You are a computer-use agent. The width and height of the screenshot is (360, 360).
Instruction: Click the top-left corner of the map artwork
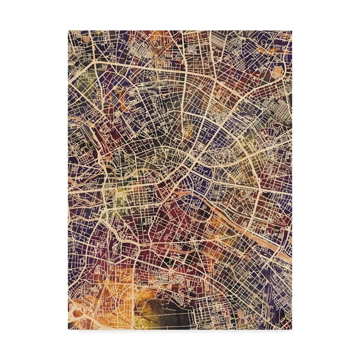point(68,31)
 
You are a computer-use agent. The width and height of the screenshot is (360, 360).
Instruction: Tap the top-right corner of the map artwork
point(292,31)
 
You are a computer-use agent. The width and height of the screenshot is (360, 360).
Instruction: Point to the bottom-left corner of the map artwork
point(68,329)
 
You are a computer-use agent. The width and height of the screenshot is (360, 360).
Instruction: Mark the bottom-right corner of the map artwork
point(292,329)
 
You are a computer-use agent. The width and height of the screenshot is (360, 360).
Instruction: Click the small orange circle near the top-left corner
point(85,40)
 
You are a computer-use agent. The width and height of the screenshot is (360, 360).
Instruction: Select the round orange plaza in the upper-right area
point(277,72)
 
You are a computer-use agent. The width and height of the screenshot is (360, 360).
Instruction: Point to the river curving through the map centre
point(188,170)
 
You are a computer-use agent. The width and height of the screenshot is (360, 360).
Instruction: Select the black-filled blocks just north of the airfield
point(170,276)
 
